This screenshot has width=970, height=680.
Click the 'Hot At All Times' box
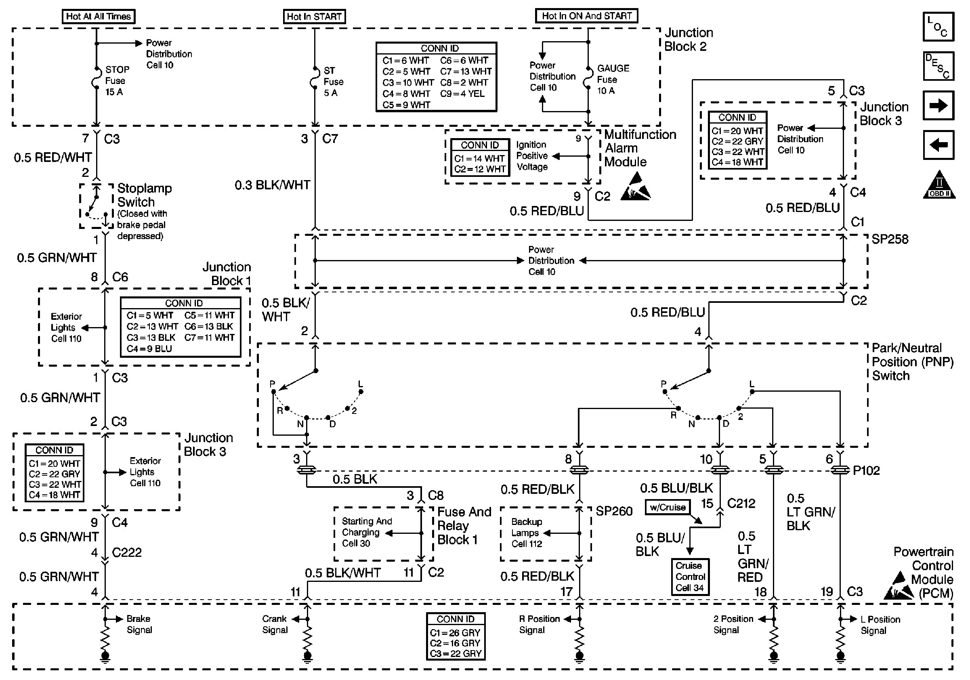tap(99, 17)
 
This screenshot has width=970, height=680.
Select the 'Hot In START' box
tap(314, 17)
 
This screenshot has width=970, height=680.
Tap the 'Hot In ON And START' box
tap(587, 16)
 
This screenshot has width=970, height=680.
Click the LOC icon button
tap(939, 27)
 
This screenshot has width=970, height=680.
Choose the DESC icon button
tap(939, 66)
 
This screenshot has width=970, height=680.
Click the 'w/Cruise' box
tap(668, 507)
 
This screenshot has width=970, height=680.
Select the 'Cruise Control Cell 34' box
tap(690, 577)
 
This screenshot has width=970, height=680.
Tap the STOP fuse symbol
tap(97, 78)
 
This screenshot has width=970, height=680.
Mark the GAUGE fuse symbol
tap(588, 77)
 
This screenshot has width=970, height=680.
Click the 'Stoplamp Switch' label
tap(145, 195)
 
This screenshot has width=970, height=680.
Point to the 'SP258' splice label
tap(890, 239)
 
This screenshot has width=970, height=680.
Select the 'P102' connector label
tap(866, 470)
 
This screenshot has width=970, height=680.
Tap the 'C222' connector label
tap(127, 552)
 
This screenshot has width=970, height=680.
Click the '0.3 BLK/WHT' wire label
tap(273, 185)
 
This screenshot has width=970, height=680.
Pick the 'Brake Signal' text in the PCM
tap(139, 624)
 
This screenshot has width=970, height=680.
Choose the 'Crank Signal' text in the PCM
tap(275, 624)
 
